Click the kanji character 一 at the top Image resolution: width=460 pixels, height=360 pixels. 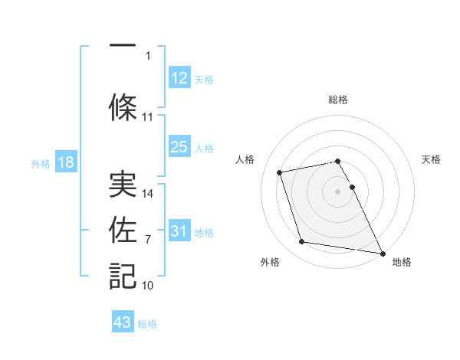pos(122,45)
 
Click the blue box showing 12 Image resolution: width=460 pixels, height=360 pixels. pos(179,78)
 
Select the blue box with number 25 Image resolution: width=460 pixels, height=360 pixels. pos(179,147)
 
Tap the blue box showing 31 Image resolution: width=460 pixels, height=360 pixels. pos(179,231)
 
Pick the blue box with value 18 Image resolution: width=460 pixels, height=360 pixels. pos(65,162)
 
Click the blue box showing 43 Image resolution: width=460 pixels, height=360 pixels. pos(123,322)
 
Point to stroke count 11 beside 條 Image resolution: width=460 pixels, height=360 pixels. pos(148,117)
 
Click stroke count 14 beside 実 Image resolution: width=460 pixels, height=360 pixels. pos(148,194)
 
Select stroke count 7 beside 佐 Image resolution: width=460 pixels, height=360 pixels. pos(148,240)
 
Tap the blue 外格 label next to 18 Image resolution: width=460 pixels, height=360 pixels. pos(41,163)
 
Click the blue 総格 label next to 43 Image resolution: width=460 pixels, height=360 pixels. pos(147,324)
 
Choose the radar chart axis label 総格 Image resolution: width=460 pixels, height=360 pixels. pos(337,100)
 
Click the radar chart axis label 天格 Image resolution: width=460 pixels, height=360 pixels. pos(431,159)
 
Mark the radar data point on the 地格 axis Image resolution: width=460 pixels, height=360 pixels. pos(383,253)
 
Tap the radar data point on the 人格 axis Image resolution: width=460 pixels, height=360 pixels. pos(280,172)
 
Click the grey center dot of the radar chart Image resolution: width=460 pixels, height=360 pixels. pos(337,191)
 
